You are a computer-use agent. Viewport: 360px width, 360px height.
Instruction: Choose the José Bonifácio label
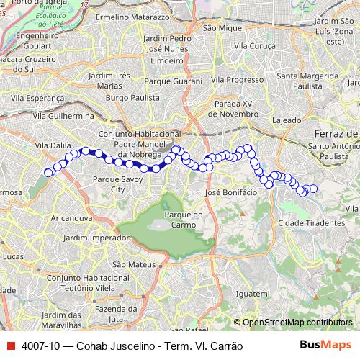(x=231, y=193)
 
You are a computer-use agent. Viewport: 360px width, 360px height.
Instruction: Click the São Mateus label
(x=130, y=265)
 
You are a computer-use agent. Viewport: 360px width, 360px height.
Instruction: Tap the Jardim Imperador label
(x=91, y=237)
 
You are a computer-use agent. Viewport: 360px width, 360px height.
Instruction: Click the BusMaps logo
(x=325, y=345)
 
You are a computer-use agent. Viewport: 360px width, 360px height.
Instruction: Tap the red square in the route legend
(x=10, y=346)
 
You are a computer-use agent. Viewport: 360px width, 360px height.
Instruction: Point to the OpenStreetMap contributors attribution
(x=297, y=323)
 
